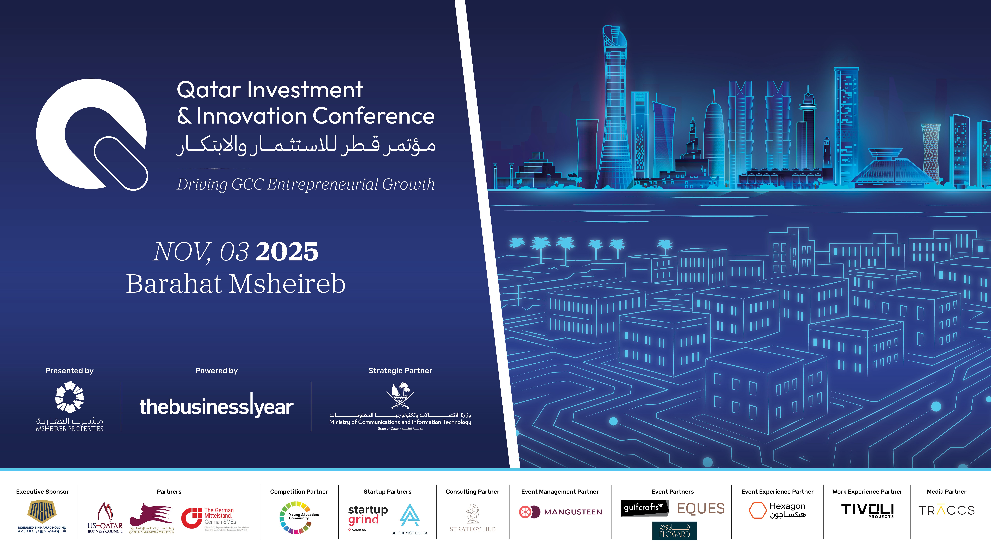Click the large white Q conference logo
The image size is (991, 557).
[x=92, y=134]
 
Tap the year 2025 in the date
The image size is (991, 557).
[x=287, y=252]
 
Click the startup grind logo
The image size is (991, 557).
[x=367, y=515]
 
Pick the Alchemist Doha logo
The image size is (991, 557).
[x=410, y=518]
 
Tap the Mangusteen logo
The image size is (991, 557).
[x=560, y=512]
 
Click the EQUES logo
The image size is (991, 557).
[x=701, y=509]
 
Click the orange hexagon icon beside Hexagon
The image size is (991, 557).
[x=757, y=510]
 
